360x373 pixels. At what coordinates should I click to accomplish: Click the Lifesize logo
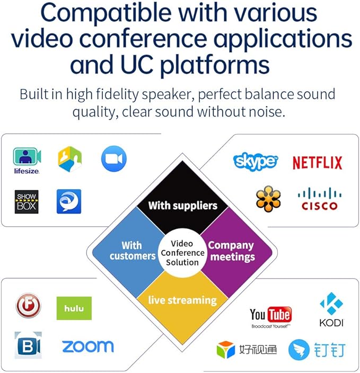point(27,161)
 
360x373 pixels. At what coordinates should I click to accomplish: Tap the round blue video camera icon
point(114,158)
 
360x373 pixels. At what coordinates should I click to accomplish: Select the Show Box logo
point(27,202)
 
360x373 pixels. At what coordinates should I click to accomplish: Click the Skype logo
point(256,162)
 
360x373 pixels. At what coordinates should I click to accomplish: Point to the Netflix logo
point(318,163)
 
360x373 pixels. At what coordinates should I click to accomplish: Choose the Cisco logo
point(320,199)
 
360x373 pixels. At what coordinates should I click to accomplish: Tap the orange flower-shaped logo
point(268,199)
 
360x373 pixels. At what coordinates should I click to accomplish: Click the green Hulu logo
point(74,308)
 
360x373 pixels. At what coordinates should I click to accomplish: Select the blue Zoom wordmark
point(88,347)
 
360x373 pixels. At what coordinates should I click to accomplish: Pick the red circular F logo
point(28,305)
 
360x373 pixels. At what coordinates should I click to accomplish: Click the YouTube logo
point(271,317)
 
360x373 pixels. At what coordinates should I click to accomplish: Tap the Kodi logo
point(331,309)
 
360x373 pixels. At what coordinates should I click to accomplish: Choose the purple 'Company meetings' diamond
point(236,252)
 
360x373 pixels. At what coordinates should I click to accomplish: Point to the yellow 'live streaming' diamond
point(182,305)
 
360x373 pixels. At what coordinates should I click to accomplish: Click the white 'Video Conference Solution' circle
point(182,253)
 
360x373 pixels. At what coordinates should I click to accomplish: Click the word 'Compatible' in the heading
point(106,14)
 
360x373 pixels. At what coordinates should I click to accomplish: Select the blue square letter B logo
point(28,345)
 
